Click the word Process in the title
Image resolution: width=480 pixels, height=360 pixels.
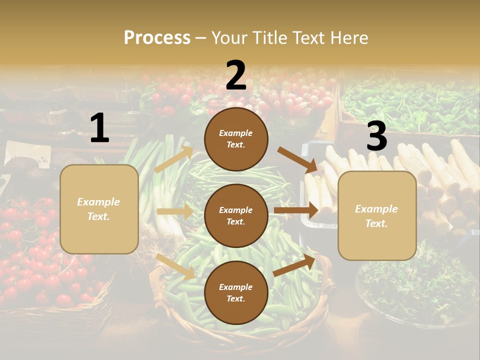157,37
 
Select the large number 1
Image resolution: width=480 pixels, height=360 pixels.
99,128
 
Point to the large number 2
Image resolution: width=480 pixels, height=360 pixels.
236,75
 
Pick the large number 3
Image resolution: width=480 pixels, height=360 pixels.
376,136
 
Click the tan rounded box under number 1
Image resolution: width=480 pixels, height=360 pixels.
99,209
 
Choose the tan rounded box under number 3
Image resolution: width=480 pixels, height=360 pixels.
377,215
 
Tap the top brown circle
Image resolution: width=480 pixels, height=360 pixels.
236,139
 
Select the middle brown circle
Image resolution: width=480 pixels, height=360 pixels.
236,215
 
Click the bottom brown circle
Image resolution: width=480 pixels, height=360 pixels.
236,292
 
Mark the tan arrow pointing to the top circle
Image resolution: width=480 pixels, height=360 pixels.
173,159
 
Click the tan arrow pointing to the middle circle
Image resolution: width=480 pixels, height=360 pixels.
174,211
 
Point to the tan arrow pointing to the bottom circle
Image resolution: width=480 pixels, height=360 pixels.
175,266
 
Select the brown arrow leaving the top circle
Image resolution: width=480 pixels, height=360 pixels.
297,159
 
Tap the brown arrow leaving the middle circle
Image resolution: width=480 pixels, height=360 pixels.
296,210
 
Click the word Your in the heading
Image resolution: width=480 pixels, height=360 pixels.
229,37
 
